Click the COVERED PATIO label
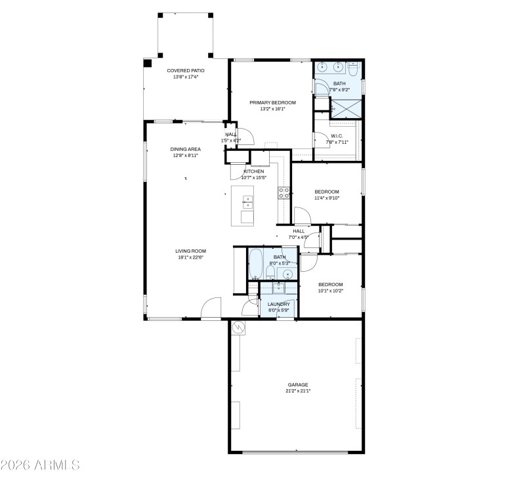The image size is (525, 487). (186, 70)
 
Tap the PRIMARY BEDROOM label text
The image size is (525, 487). (273, 102)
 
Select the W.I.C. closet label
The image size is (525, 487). (337, 136)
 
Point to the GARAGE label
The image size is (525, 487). (297, 385)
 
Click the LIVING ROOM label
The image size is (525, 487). (190, 251)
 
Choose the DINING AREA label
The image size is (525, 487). (186, 149)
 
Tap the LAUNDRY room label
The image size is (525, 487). (279, 304)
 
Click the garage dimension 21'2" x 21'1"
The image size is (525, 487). (297, 391)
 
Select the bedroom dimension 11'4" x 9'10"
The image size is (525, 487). (326, 198)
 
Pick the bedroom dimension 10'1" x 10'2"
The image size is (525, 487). (330, 291)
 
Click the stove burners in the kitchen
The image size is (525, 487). (285, 192)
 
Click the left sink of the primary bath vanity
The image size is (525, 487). (322, 66)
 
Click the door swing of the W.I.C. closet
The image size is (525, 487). (320, 140)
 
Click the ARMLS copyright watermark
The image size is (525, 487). (40, 465)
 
